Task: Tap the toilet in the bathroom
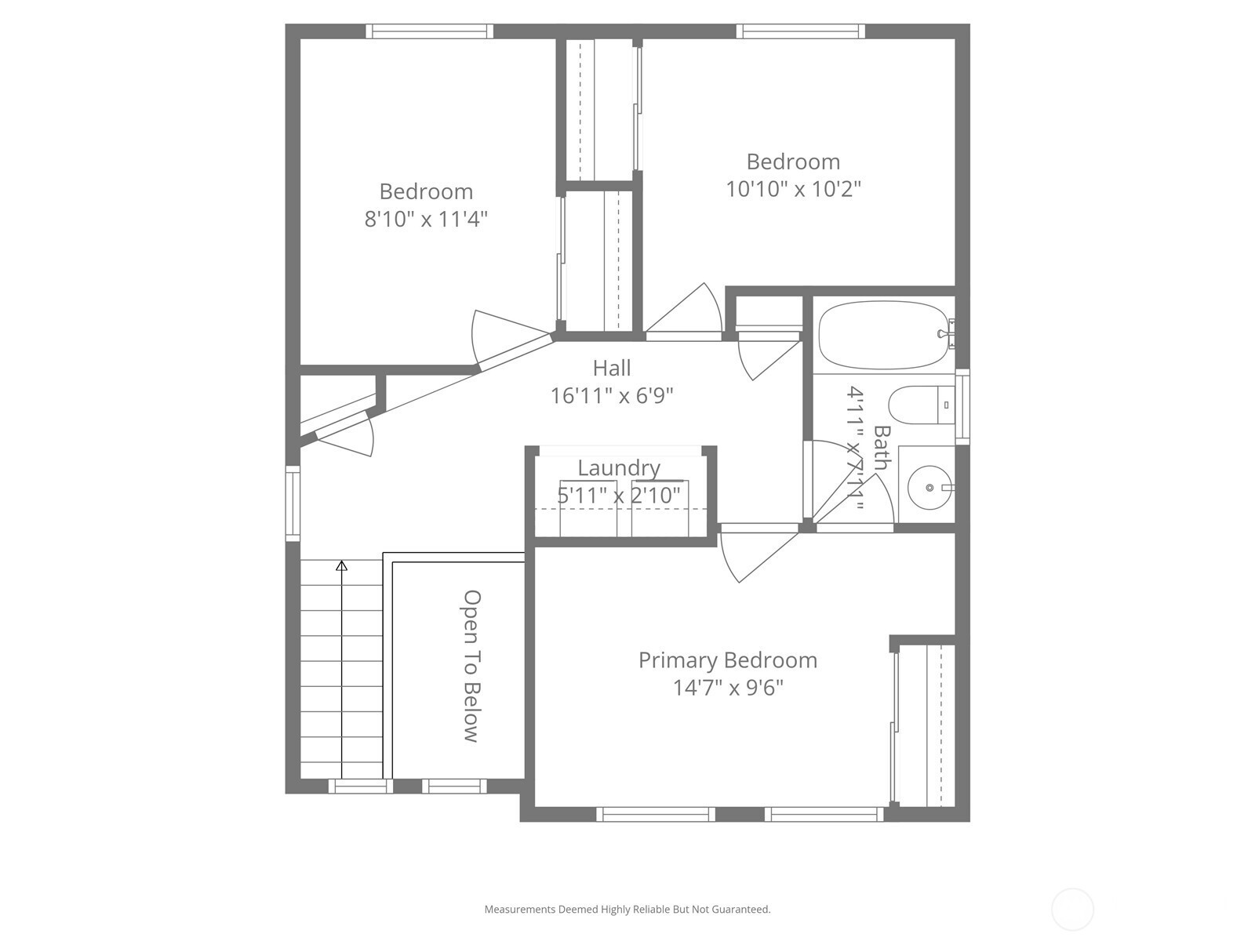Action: (921, 405)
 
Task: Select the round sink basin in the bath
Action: (929, 487)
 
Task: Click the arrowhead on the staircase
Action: (341, 565)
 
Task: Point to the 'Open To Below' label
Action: (471, 666)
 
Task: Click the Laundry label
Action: (619, 468)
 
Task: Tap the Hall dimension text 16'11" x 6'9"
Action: (612, 395)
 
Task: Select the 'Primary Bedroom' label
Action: (728, 660)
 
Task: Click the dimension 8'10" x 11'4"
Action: (426, 219)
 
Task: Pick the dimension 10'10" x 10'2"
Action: (793, 188)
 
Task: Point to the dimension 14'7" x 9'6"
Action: (728, 688)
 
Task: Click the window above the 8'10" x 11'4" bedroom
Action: (429, 31)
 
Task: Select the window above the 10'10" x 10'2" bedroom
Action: (801, 31)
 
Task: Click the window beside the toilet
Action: (963, 406)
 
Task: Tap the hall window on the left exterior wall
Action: (293, 503)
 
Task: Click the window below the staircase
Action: (361, 787)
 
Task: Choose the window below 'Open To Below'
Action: (454, 787)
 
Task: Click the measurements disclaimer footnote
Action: (627, 909)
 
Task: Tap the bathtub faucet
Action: (947, 334)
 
